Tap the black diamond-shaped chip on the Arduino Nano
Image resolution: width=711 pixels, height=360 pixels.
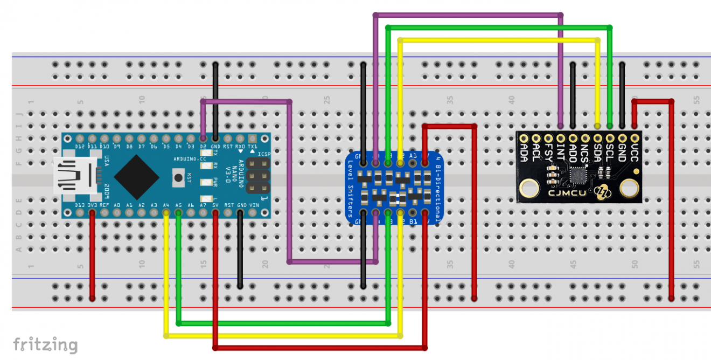pos(137,176)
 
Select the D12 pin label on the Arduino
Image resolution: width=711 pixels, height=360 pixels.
pos(80,147)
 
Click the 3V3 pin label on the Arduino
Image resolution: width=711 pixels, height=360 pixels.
pos(92,205)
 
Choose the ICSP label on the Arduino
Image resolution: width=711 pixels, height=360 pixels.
pos(263,154)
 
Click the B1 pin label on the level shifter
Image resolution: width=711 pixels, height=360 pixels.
pos(413,221)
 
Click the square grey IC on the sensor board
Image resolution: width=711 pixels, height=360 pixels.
pos(578,175)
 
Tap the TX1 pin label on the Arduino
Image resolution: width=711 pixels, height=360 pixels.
pos(253,147)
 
